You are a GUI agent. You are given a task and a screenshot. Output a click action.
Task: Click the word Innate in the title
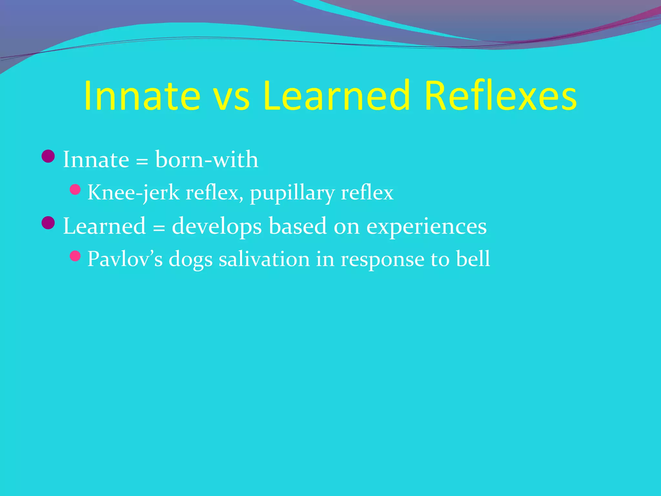[142, 96]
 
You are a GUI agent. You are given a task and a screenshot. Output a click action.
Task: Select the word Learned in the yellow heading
[336, 96]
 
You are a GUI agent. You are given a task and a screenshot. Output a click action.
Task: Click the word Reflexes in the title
[501, 96]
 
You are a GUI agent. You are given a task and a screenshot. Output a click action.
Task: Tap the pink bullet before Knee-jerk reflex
[75, 190]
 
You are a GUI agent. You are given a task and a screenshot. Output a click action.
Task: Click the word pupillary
[292, 194]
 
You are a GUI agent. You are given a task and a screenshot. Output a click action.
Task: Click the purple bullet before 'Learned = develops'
[48, 223]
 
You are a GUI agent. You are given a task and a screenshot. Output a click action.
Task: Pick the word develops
[217, 227]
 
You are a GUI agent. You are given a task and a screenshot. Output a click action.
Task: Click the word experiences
[426, 227]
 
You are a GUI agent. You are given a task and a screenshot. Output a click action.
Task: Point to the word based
[298, 226]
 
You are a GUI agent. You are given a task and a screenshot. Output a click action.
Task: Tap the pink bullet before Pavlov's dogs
[75, 256]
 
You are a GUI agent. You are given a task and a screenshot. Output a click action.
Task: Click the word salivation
[264, 259]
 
